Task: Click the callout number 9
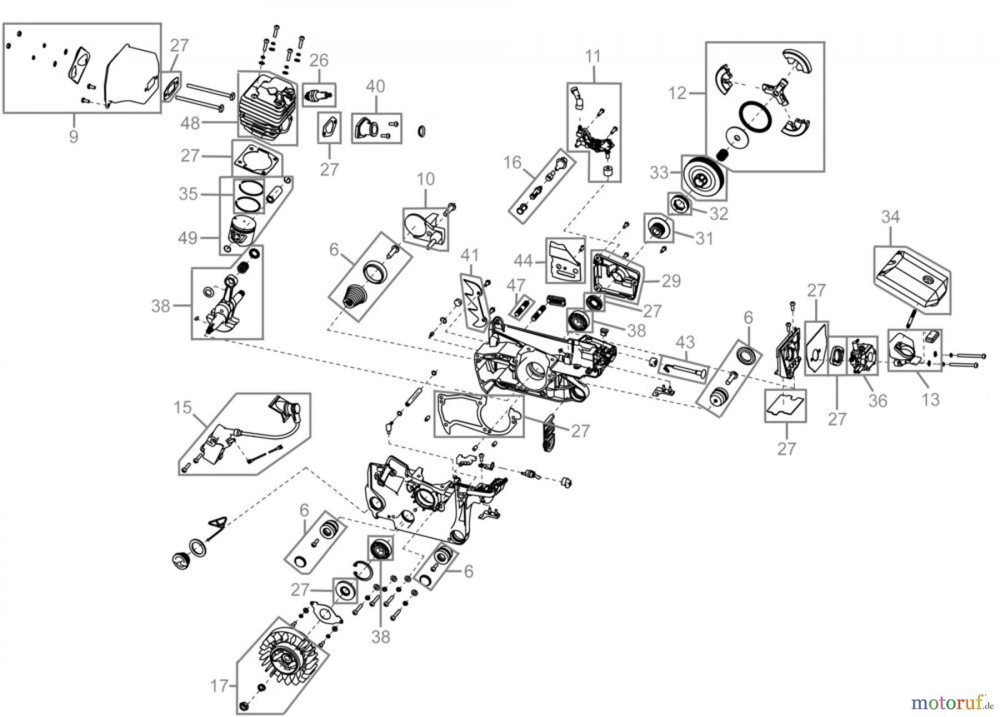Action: (x=73, y=136)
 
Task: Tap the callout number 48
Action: (x=190, y=123)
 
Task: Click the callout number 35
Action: (x=189, y=194)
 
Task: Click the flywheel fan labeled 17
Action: (x=284, y=661)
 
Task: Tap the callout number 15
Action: (x=182, y=407)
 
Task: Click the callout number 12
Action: (x=677, y=93)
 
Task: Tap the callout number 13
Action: (x=930, y=399)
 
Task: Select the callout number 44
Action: (x=523, y=260)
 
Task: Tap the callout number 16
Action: (x=512, y=162)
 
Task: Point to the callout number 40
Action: (x=376, y=87)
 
